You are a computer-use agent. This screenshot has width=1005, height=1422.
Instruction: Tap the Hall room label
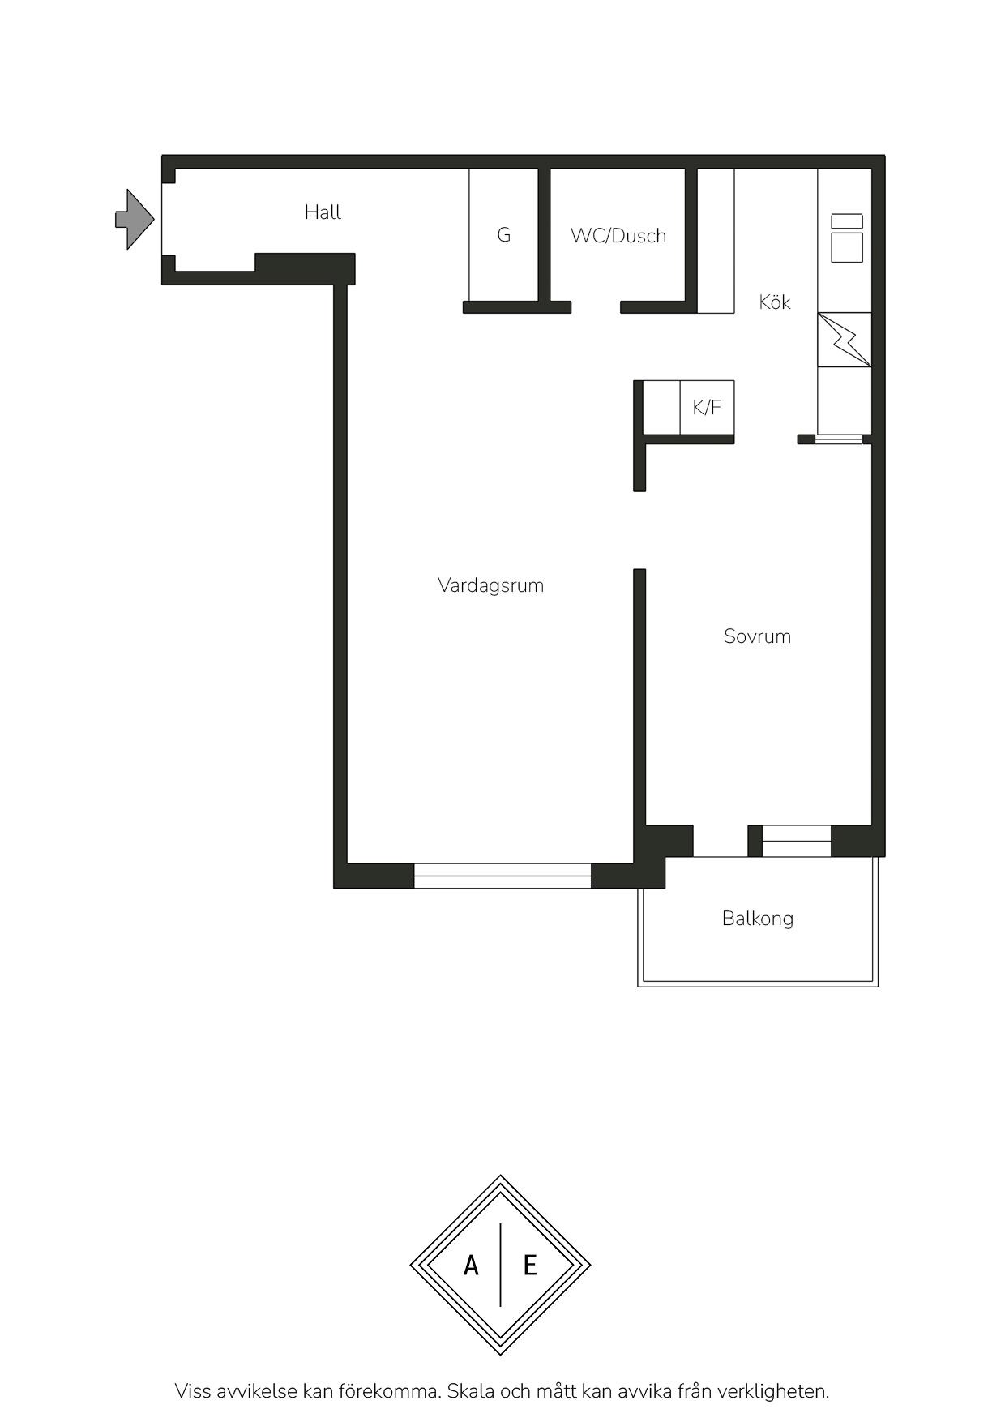tap(323, 212)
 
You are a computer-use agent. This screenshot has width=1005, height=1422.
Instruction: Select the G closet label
tap(504, 235)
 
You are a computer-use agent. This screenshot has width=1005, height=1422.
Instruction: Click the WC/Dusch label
tap(618, 236)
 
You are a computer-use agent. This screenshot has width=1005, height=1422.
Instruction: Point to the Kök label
tap(775, 302)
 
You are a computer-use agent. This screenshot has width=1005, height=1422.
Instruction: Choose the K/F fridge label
tap(707, 407)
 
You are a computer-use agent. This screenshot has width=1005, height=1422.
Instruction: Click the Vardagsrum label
tap(490, 585)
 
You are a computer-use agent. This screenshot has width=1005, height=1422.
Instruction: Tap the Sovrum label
tap(757, 636)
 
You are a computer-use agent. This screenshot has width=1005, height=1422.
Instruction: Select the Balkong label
tap(758, 919)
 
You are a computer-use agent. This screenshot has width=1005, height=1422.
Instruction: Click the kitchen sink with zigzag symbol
tap(845, 339)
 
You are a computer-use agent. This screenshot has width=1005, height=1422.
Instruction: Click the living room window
tap(502, 876)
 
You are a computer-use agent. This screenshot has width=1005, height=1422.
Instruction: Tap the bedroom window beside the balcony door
tap(797, 841)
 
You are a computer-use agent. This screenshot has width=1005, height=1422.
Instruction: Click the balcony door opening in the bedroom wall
tap(721, 841)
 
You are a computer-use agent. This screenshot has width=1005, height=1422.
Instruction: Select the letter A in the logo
tap(471, 1265)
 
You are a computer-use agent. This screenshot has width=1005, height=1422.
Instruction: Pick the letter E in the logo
tap(530, 1265)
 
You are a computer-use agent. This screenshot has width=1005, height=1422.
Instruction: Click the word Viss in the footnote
tap(193, 1391)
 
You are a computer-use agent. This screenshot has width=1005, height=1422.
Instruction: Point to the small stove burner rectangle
tap(847, 221)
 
